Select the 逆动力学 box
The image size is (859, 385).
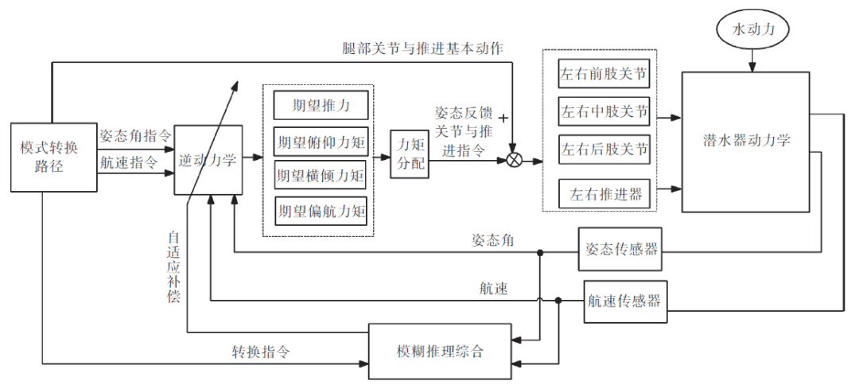coord(208,160)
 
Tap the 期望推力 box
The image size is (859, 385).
coord(320,105)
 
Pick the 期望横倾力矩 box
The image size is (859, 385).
coord(320,176)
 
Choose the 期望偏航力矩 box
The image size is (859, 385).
coord(320,211)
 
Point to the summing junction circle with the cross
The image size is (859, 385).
coord(514,161)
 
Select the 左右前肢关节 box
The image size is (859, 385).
coord(604,76)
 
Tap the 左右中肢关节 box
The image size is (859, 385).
coord(604,112)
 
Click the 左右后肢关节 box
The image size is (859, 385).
coord(604,148)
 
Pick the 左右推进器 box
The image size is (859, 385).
coord(604,192)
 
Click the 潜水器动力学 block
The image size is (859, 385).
coord(745,141)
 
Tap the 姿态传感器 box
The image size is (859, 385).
coord(619,249)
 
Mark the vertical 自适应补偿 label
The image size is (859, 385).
coord(173,266)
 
